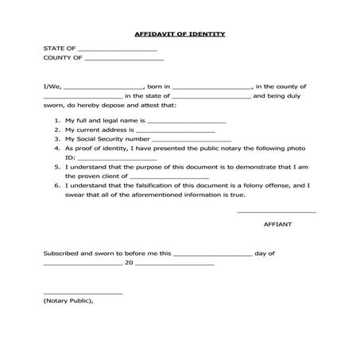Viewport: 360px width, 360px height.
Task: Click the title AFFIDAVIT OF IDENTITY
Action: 180,34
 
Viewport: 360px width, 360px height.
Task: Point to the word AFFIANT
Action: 277,225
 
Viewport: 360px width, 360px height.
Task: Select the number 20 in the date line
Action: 129,262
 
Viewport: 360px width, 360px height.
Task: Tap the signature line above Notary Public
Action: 83,295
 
